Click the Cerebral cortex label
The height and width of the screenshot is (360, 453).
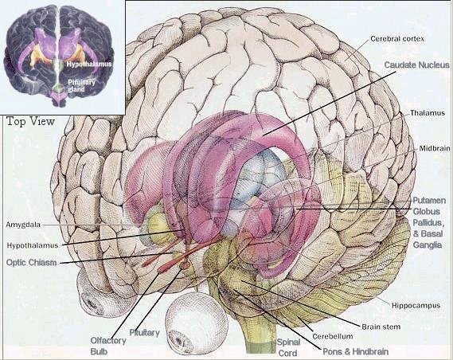tap(397, 38)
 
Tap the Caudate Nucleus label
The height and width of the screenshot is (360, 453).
tap(417, 65)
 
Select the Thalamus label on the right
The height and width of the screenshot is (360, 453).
tap(428, 112)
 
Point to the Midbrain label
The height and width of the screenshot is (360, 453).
tap(435, 148)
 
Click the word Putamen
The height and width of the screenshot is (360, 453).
tap(429, 200)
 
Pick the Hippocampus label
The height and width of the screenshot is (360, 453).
tap(416, 305)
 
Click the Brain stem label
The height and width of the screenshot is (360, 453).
tap(381, 327)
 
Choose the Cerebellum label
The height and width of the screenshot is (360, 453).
tap(333, 336)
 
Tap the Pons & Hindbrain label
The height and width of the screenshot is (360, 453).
tap(355, 351)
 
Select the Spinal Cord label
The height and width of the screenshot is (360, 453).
tap(288, 347)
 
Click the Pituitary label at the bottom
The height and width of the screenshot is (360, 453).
tap(144, 333)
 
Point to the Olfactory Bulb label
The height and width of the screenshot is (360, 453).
tap(108, 346)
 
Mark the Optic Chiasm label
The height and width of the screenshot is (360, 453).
tap(32, 262)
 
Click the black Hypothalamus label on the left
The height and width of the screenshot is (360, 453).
tap(33, 245)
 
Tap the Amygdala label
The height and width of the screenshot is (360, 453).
tap(23, 225)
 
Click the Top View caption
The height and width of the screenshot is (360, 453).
tap(30, 121)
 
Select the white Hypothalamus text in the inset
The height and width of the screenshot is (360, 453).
tap(89, 65)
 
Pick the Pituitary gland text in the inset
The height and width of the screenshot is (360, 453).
tap(81, 85)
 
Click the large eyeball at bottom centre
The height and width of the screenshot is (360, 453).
tap(197, 323)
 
